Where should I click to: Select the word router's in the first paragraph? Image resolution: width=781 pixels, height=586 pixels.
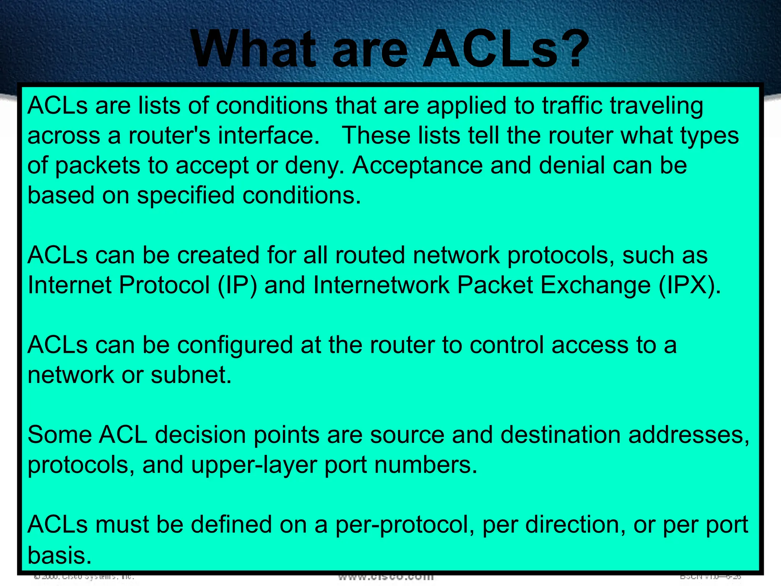point(169,135)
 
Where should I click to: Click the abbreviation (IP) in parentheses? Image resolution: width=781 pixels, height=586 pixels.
point(237,285)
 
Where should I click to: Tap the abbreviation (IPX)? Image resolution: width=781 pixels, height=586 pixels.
point(689,285)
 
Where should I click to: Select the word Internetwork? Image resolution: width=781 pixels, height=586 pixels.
point(381,285)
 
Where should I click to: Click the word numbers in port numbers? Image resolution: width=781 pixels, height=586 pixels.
point(426,465)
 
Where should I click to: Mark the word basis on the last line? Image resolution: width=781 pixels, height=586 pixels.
point(59,555)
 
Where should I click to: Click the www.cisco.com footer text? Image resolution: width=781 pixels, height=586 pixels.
point(386,576)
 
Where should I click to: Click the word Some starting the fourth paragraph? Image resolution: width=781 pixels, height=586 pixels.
point(59,435)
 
